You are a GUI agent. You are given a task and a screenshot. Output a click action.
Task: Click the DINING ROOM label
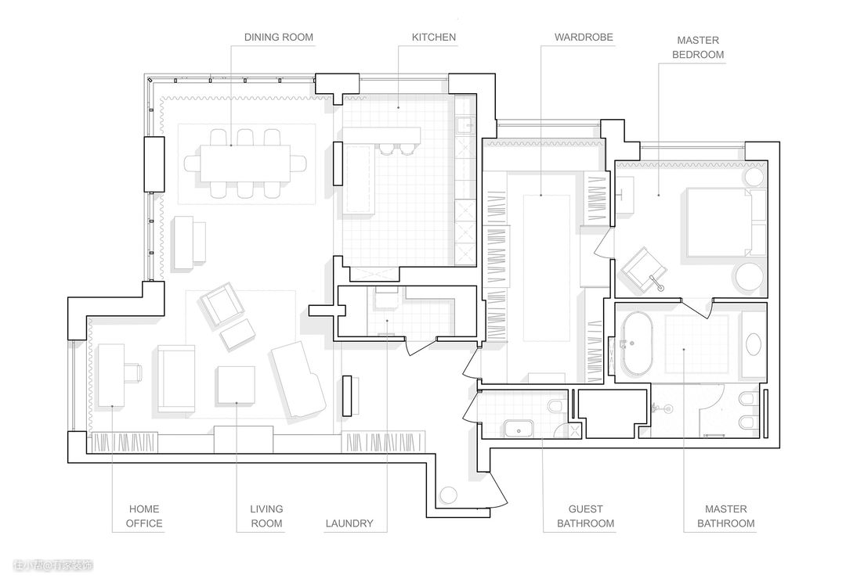pyautogui.click(x=278, y=38)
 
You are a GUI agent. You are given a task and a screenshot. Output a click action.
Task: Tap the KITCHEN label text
pyautogui.click(x=433, y=38)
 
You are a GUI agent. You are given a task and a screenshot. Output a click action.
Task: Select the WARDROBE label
pyautogui.click(x=584, y=38)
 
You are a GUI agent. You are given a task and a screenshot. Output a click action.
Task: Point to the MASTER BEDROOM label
pyautogui.click(x=698, y=48)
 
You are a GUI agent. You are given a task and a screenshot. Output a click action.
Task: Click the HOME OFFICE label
pyautogui.click(x=144, y=516)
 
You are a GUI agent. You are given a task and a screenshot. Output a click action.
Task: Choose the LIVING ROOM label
pyautogui.click(x=266, y=516)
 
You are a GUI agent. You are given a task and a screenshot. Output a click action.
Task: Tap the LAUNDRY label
pyautogui.click(x=349, y=523)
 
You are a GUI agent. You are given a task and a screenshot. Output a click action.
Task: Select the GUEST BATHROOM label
pyautogui.click(x=585, y=516)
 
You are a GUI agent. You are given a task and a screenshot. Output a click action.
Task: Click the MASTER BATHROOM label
pyautogui.click(x=725, y=516)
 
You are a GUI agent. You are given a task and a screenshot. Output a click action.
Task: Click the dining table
pyautogui.click(x=245, y=163)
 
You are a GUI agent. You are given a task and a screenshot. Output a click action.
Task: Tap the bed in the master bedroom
pyautogui.click(x=725, y=221)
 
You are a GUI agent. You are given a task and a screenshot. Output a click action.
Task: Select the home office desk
pyautogui.click(x=112, y=376)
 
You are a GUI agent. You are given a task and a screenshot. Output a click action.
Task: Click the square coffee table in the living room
pyautogui.click(x=236, y=385)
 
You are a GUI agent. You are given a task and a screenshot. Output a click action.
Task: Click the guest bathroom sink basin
pyautogui.click(x=519, y=430)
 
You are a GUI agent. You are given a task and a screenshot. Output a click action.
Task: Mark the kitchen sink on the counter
pyautogui.click(x=465, y=126)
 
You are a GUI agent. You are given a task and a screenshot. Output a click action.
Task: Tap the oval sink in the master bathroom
pyautogui.click(x=754, y=344)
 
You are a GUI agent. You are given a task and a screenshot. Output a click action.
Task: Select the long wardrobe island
pyautogui.click(x=547, y=268)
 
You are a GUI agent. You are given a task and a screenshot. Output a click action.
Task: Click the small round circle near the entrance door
pyautogui.click(x=448, y=495)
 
